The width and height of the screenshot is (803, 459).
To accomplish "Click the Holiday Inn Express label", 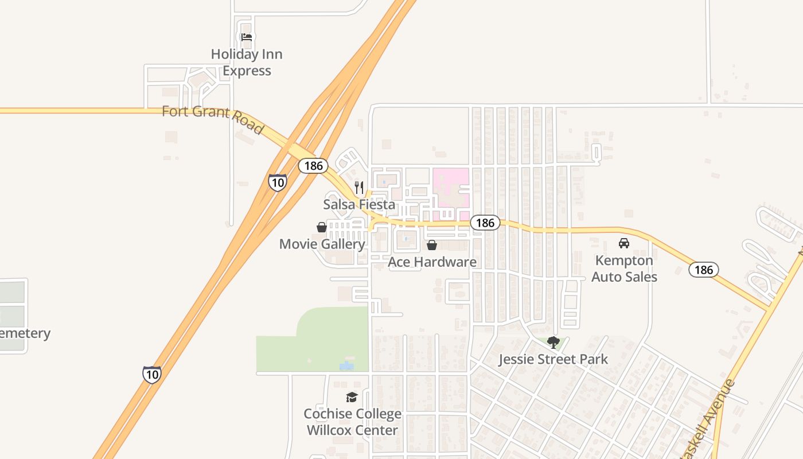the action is tap(247, 63).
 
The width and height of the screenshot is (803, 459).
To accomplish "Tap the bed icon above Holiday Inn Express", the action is tap(247, 37).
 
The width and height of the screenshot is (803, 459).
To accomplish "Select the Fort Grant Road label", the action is tap(212, 119).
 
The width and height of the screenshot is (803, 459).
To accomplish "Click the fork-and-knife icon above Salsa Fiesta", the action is tap(359, 187).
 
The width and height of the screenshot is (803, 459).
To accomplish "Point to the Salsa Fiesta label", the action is tap(359, 204).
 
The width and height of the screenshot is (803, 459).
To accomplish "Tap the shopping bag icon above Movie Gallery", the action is tap(322, 227).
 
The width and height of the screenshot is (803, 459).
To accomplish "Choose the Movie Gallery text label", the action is tap(322, 244).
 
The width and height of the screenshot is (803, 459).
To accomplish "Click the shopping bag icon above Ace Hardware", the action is tap(432, 245).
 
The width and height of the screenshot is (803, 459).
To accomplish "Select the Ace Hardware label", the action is tap(432, 262).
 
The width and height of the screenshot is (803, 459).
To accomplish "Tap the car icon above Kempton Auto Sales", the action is tap(624, 243).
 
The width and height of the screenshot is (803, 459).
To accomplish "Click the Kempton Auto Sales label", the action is tap(624, 269).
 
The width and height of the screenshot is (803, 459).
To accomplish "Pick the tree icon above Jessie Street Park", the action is tap(553, 343).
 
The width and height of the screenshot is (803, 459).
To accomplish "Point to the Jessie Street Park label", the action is tap(553, 360).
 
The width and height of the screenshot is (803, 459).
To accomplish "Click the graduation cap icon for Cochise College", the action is tap(352, 397).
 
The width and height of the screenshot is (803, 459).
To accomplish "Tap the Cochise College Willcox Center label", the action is tap(352, 422).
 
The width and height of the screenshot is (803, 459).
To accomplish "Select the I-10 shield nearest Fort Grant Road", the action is tap(278, 182).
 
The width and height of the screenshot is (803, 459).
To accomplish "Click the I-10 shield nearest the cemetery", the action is tap(152, 374).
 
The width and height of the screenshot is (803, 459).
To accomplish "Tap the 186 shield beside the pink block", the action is tap(485, 223).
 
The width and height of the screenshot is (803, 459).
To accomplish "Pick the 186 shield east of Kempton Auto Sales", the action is tap(704, 270).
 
